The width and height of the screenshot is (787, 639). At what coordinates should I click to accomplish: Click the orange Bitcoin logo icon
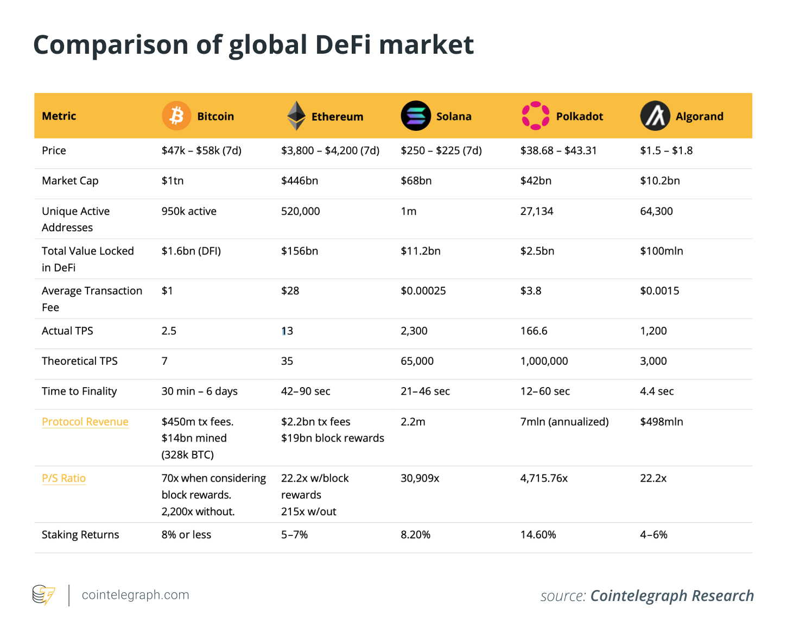tap(176, 116)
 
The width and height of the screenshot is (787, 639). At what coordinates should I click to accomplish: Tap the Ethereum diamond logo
tap(296, 116)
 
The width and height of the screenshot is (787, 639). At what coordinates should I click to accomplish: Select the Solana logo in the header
tap(416, 116)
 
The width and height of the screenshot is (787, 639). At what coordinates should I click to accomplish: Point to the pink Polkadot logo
tap(535, 116)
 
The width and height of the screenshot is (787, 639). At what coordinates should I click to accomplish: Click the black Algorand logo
tap(655, 116)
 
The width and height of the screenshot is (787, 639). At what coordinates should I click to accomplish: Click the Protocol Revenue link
tap(85, 422)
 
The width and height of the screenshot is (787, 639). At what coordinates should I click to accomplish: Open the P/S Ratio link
tap(64, 478)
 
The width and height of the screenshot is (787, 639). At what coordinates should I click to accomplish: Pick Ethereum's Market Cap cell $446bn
tap(300, 181)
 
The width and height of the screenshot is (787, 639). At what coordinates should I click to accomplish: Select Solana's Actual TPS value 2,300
tap(414, 331)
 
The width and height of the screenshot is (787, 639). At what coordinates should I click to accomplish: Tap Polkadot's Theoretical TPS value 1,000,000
tap(544, 361)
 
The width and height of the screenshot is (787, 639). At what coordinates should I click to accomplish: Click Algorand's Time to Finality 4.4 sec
tap(657, 391)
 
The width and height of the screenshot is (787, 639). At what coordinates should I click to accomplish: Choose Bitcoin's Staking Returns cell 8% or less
tap(186, 535)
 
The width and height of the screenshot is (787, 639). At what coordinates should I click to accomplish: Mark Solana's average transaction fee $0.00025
tap(423, 291)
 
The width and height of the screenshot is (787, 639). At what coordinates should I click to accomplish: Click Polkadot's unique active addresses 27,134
tap(537, 211)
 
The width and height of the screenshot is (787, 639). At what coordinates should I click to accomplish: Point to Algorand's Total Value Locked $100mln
tap(662, 251)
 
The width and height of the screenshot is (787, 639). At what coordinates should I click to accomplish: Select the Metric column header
tap(59, 116)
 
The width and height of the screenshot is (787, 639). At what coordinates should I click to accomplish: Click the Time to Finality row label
tap(79, 391)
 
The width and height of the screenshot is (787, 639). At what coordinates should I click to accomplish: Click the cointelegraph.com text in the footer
tap(136, 595)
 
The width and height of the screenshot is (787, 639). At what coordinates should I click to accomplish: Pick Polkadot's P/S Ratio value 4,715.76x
tap(544, 478)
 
